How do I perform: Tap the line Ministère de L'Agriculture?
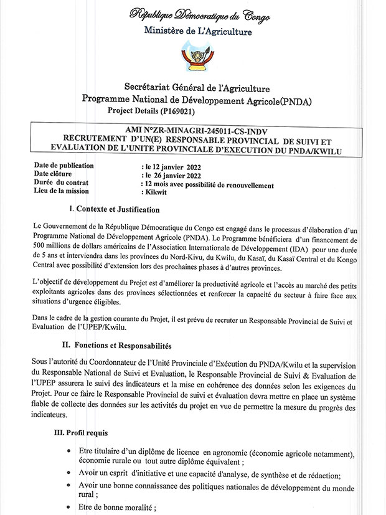(x=199, y=31)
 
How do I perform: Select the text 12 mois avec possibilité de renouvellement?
(x=208, y=185)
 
